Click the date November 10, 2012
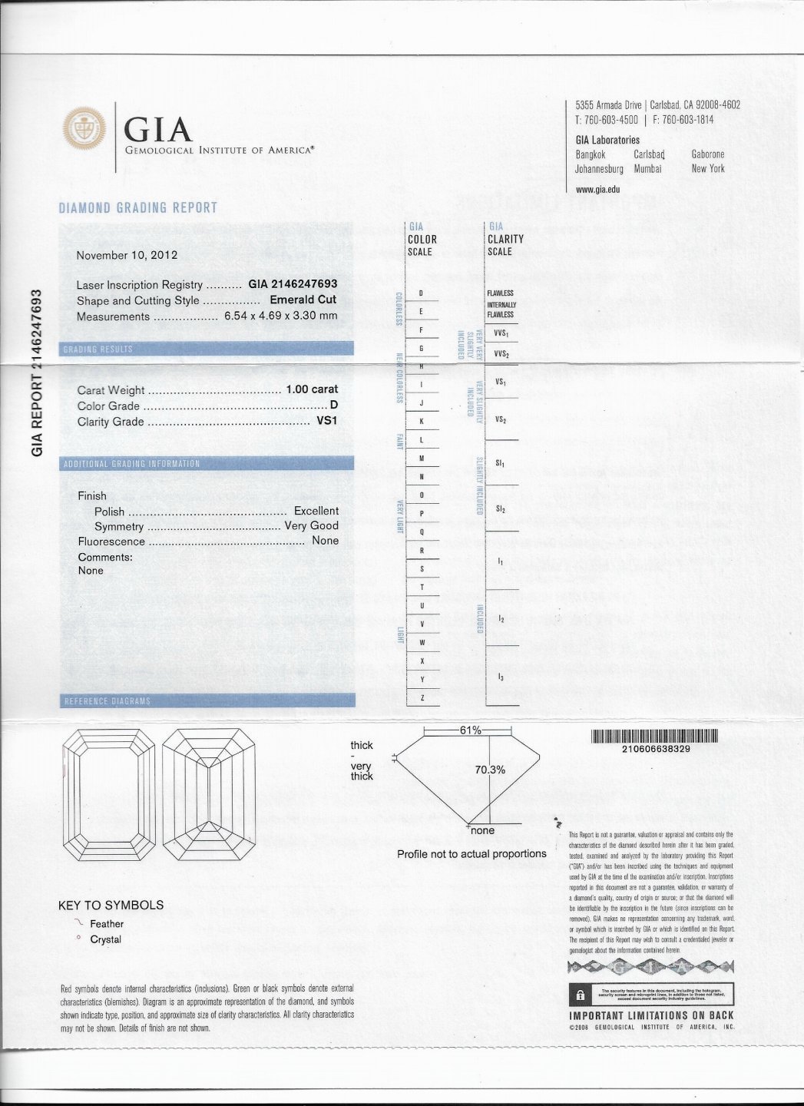tap(127, 255)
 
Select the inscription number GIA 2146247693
tap(293, 284)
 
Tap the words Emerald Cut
tap(303, 300)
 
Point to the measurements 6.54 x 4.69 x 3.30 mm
tap(280, 316)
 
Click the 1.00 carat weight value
tap(312, 389)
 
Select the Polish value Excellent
tap(316, 511)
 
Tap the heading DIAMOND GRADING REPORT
tap(138, 207)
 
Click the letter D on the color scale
tap(421, 293)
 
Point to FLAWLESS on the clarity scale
tap(500, 293)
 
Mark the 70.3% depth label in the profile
tap(490, 770)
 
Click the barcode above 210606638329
tap(654, 737)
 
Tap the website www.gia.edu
tap(597, 189)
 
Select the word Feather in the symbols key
tap(107, 924)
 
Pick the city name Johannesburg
tap(599, 169)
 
